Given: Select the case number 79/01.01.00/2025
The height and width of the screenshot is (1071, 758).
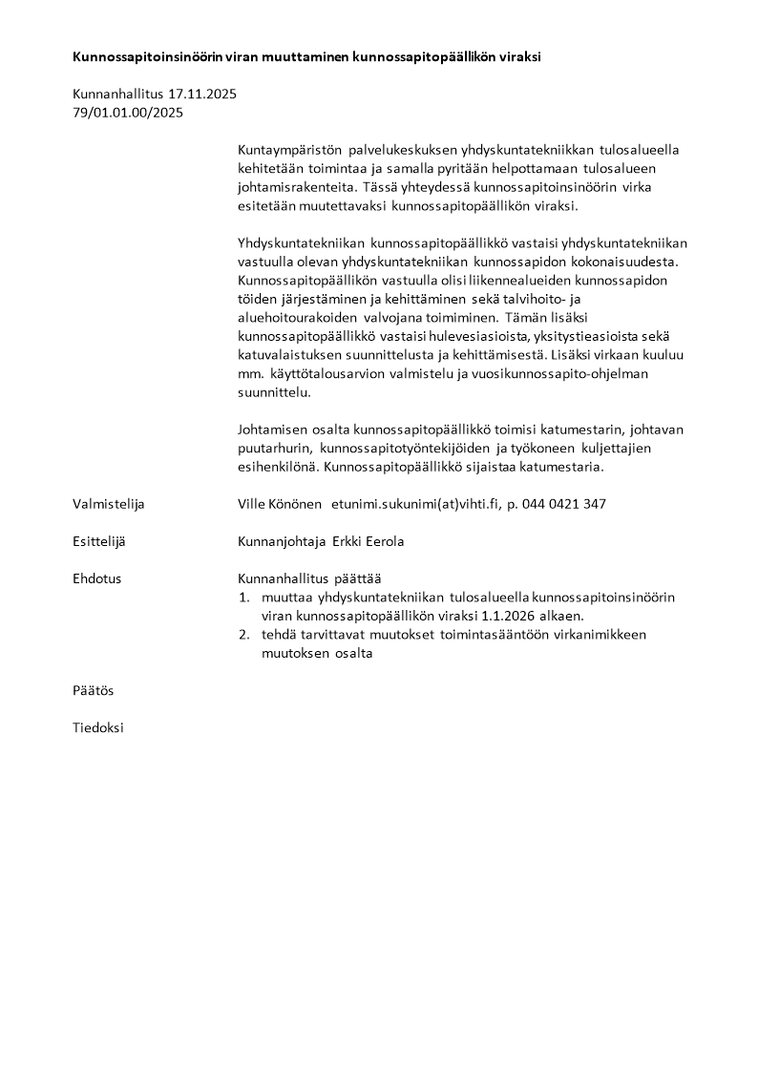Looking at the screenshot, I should coord(128,112).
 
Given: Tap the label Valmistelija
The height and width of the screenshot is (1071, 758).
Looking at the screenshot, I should coord(109,504).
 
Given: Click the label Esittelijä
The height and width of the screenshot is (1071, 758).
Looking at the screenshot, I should coord(99,541).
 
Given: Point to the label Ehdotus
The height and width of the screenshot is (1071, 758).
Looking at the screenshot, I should coord(97,578).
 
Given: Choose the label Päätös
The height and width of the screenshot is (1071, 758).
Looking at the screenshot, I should coord(94,690).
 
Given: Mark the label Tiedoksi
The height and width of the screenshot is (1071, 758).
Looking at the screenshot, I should coord(98,727).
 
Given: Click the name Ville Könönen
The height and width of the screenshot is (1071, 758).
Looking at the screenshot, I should coord(280,504).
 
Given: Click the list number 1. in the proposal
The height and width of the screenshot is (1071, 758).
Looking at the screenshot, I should coord(243,598).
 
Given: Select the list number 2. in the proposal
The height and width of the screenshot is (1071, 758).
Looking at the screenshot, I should coord(243,635).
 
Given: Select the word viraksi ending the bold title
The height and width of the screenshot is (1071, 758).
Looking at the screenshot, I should coord(519,56).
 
